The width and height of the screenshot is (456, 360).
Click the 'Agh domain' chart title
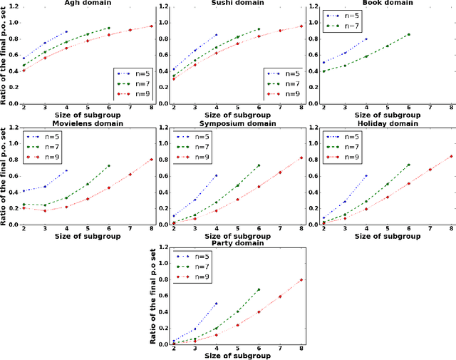(x=76, y=4)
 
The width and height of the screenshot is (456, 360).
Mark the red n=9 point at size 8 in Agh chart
(x=152, y=26)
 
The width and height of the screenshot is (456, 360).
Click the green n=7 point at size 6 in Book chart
(x=409, y=34)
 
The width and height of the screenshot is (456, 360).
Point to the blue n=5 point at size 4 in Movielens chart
(x=66, y=170)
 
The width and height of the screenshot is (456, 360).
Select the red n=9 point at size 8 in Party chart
(x=301, y=279)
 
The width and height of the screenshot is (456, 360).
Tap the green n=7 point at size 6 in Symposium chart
(x=259, y=165)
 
